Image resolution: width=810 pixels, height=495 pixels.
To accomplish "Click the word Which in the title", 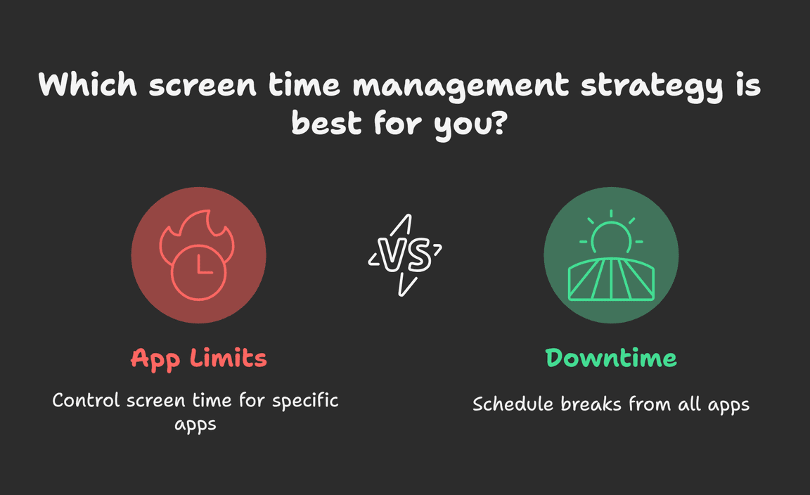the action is pyautogui.click(x=88, y=84).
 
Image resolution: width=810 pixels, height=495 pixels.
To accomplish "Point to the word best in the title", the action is pyautogui.click(x=326, y=122).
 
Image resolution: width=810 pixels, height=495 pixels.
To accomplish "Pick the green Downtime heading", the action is pyautogui.click(x=611, y=358).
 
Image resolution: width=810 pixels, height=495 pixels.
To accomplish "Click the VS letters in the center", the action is pyautogui.click(x=405, y=255).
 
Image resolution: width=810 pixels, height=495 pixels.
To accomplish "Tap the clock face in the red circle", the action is pyautogui.click(x=199, y=272).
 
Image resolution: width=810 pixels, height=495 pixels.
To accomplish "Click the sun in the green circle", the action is pyautogui.click(x=611, y=233).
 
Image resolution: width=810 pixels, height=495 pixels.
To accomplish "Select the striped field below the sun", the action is pyautogui.click(x=611, y=279).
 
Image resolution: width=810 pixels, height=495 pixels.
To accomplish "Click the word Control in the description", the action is pyautogui.click(x=86, y=401).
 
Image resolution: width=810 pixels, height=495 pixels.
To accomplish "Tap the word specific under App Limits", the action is pyautogui.click(x=305, y=401).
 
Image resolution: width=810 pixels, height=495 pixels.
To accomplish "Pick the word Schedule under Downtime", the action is pyautogui.click(x=513, y=404).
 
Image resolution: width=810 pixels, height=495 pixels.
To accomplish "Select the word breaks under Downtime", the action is pyautogui.click(x=591, y=404).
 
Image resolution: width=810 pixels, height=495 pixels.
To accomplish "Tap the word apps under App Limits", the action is pyautogui.click(x=195, y=425).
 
